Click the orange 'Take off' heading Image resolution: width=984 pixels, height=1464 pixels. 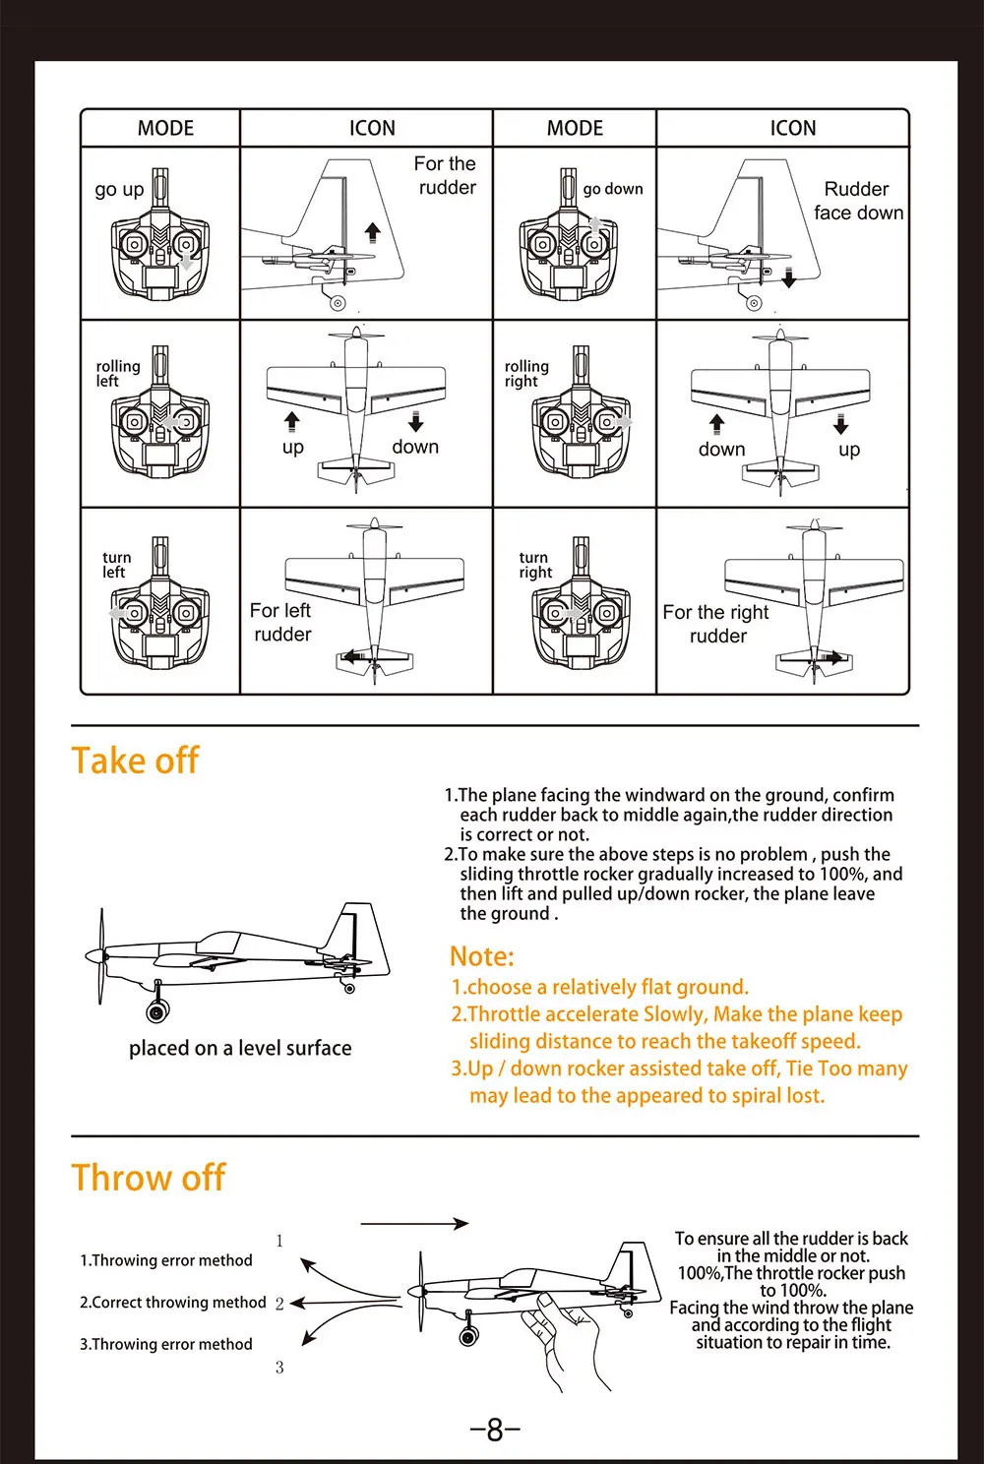click(135, 761)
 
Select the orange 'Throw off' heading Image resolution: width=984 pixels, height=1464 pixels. click(149, 1178)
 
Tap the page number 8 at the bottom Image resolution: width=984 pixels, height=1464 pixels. click(495, 1429)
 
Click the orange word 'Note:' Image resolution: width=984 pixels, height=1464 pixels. click(482, 956)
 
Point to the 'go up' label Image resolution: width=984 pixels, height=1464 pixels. click(119, 189)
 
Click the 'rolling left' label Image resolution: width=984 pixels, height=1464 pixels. click(118, 374)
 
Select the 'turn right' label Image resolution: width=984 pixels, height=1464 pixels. click(535, 565)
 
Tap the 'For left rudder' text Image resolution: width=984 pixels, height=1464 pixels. click(281, 623)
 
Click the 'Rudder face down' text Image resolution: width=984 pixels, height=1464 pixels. click(858, 201)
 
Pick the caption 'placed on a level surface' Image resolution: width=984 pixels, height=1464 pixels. click(240, 1048)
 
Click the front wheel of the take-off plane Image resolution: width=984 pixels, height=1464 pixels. click(156, 1010)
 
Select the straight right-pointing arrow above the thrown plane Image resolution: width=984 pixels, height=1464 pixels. click(414, 1224)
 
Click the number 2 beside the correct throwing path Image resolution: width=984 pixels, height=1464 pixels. click(279, 1304)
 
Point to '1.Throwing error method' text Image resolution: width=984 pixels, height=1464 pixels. click(166, 1260)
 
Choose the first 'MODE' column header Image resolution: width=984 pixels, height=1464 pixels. click(165, 128)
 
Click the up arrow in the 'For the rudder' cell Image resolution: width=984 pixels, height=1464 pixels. click(372, 232)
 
